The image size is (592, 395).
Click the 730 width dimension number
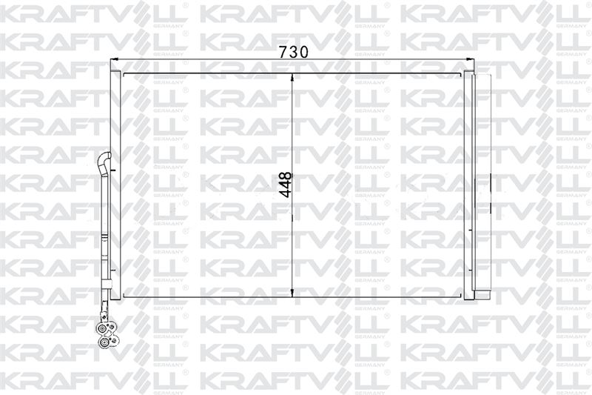click(293, 52)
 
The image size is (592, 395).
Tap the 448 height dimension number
click(286, 185)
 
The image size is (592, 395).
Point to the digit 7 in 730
click(283, 52)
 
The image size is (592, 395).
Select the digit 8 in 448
click(286, 176)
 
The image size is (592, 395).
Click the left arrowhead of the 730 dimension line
click(114, 59)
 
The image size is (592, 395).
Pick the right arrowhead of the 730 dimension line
click(470, 59)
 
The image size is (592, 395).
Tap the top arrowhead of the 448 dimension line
click(292, 77)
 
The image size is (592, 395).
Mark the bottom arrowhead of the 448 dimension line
click(292, 292)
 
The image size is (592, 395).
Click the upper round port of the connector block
click(103, 328)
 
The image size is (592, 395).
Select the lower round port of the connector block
click(103, 343)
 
